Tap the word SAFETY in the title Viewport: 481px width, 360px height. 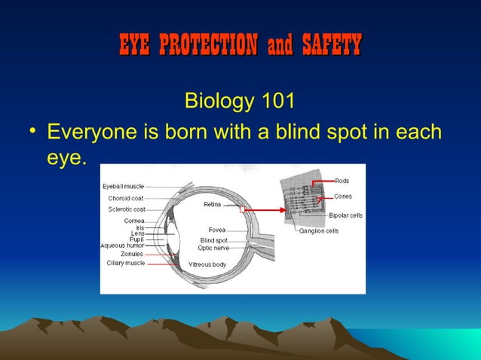click(331, 45)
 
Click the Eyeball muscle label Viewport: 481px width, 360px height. click(123, 186)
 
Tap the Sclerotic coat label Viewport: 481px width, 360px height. click(126, 209)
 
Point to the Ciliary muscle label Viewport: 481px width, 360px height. click(125, 263)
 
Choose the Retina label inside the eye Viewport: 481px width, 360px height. click(212, 204)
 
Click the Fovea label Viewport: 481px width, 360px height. click(217, 230)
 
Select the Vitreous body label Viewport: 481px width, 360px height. click(207, 264)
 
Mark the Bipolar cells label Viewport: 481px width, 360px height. click(345, 215)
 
